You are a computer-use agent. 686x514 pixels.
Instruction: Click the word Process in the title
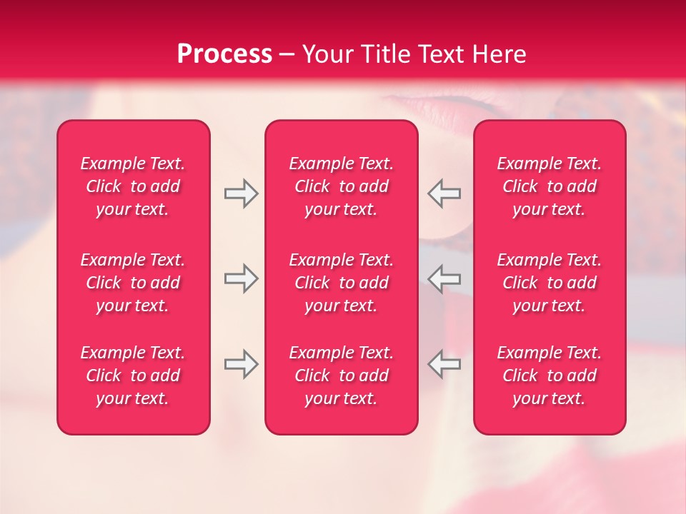coord(224,54)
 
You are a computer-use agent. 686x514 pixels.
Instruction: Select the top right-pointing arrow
coord(241,193)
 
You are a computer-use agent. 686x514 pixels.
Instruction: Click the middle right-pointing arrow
coord(241,278)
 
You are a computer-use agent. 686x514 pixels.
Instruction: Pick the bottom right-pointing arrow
coord(241,364)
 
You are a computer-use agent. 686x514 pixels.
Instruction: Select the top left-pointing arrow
coord(444,193)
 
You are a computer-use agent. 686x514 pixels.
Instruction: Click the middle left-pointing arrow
coord(444,278)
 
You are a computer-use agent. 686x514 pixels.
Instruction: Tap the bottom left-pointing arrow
coord(444,364)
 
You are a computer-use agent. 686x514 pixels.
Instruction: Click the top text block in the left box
coord(133,186)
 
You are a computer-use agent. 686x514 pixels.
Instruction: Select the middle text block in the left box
coord(133,283)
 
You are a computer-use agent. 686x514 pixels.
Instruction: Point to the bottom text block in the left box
coord(133,376)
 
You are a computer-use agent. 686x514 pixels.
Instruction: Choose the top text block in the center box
coord(342,186)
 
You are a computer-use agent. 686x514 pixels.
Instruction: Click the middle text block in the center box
coord(342,283)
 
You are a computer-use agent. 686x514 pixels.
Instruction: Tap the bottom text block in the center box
coord(342,376)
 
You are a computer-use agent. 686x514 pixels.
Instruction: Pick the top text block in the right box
coord(550,186)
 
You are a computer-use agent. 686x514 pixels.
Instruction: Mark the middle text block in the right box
coord(550,283)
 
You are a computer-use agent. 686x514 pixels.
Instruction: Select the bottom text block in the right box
coord(550,376)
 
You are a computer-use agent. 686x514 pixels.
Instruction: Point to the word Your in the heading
coord(326,54)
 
